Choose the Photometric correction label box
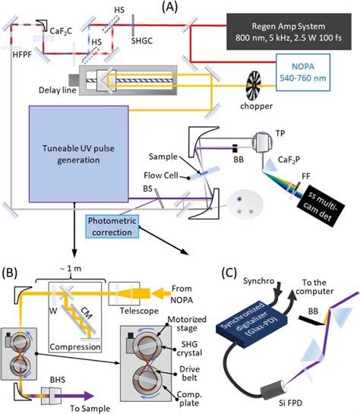115,224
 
